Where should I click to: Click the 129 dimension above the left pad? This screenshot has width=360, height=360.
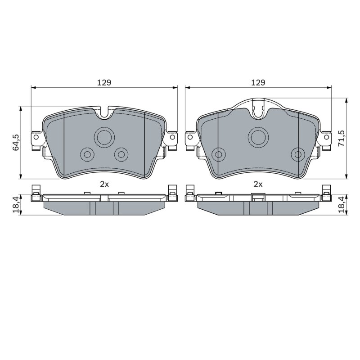(x=104, y=82)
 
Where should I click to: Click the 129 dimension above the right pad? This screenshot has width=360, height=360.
(x=258, y=82)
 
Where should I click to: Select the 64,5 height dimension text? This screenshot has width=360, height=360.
(x=16, y=142)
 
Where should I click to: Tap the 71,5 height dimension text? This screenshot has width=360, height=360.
(x=342, y=138)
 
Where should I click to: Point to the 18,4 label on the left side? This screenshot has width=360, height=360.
(x=16, y=205)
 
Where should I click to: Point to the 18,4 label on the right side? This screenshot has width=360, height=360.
(x=342, y=205)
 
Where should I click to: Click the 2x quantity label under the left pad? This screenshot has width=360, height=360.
(x=104, y=184)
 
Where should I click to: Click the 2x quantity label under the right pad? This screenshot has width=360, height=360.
(x=258, y=184)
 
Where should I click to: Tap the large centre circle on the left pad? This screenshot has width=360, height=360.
(x=104, y=137)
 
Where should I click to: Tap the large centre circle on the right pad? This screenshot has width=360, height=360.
(x=258, y=137)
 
